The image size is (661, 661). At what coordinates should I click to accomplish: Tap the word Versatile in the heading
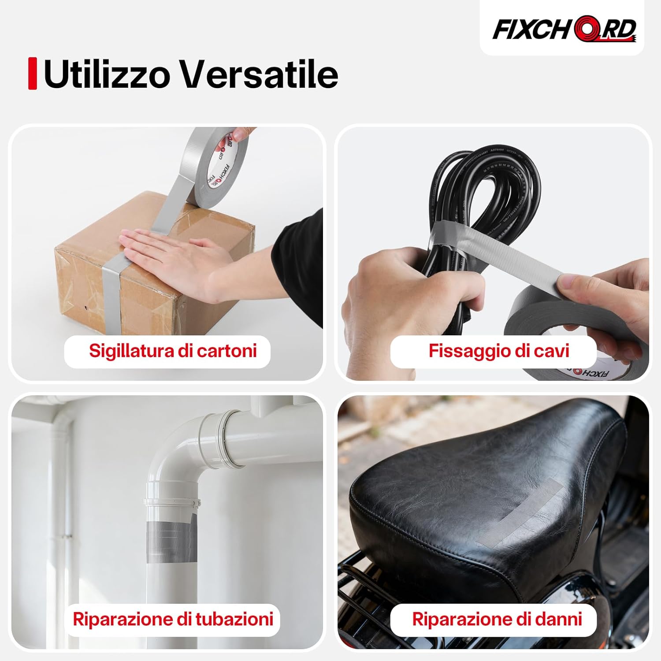coord(260,74)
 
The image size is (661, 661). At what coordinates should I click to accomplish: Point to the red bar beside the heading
coord(32,74)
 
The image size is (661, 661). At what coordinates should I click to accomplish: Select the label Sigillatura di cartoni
coord(173,351)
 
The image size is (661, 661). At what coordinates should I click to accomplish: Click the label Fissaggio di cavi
coord(498,351)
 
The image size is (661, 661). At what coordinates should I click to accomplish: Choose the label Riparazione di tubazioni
coord(173,619)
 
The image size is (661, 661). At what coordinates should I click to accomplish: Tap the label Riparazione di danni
coord(497,619)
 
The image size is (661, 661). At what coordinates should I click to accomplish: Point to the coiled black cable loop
coord(485,185)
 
